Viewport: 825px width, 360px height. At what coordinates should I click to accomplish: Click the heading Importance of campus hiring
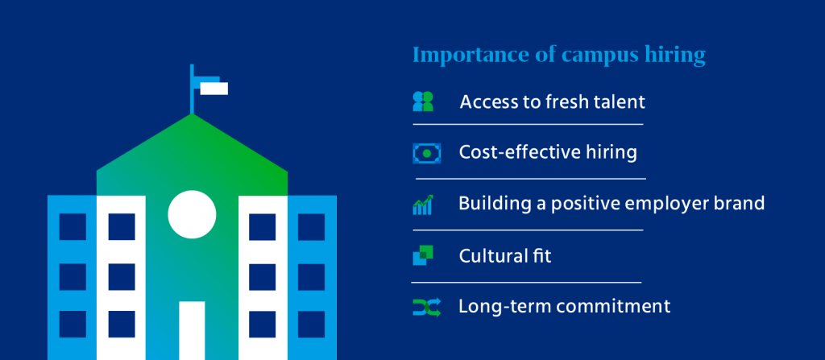[558, 56]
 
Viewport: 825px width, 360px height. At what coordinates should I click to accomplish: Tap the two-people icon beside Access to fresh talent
[423, 101]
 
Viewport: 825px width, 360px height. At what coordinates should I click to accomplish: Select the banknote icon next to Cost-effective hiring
[424, 152]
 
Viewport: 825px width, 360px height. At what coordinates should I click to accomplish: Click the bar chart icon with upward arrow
[423, 205]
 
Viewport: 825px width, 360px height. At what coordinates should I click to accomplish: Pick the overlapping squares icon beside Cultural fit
[423, 256]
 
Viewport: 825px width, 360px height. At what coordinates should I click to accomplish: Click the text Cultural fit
[504, 256]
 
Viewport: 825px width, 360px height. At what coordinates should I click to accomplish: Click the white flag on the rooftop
[214, 88]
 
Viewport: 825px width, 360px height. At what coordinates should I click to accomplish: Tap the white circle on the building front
[192, 213]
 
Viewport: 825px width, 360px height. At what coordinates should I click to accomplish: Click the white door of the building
[192, 330]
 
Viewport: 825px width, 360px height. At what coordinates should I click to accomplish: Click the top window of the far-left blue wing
[73, 227]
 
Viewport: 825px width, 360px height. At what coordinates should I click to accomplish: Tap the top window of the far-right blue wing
[311, 227]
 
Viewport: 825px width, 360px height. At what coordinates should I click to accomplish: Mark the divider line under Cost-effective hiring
[530, 178]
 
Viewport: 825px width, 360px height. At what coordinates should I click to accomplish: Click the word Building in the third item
[488, 203]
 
